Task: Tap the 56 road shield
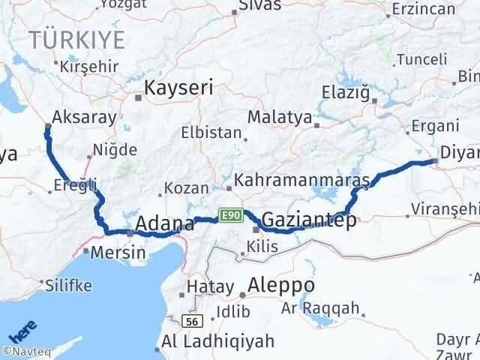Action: point(193,321)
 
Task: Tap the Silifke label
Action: point(67,285)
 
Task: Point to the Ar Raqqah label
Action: point(320,308)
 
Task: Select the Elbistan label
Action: point(211,133)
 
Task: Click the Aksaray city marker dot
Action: point(48,126)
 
